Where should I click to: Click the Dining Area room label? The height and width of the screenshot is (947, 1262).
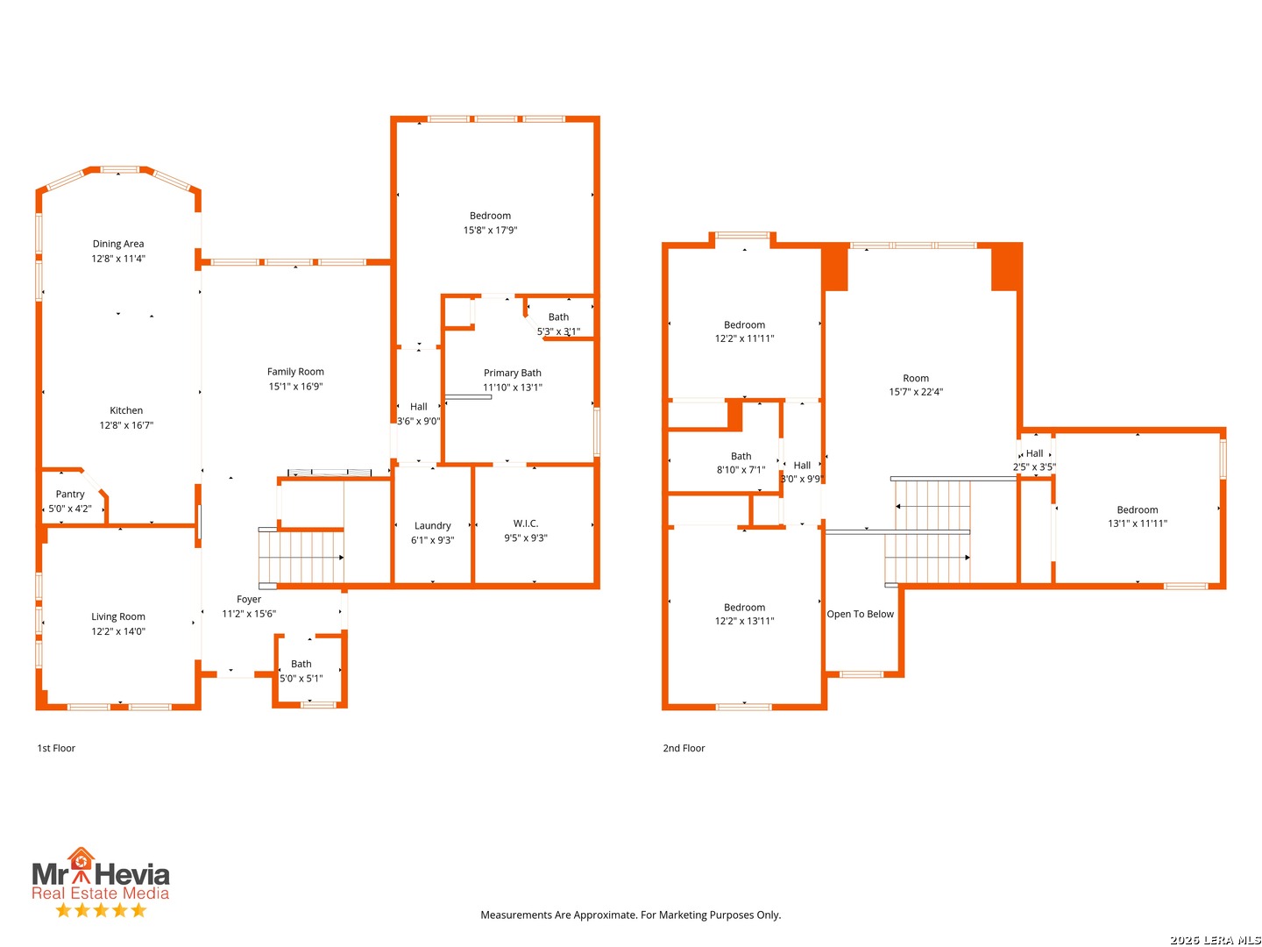117,244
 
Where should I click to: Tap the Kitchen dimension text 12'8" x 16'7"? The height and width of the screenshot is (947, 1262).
126,425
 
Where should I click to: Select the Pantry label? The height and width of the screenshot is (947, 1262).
69,494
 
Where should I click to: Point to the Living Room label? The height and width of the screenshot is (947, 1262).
117,616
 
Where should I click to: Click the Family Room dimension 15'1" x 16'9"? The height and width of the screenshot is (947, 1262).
295,387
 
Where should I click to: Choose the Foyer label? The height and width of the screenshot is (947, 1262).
248,599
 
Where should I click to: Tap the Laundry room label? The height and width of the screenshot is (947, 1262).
432,525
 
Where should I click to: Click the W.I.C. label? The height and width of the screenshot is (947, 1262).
526,523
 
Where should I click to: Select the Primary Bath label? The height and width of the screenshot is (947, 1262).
513,373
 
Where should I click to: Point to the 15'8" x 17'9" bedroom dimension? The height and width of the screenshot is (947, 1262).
490,230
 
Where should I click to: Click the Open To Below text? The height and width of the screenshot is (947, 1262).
860,614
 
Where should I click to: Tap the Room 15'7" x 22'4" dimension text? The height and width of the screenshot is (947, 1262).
916,392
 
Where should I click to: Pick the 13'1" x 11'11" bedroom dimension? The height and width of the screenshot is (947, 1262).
1138,523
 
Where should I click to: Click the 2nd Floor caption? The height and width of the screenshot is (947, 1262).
684,748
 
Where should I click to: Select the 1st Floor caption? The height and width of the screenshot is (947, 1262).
56,748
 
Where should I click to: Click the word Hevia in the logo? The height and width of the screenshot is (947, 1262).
131,875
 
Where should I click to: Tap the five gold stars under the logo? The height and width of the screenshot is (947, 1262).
101,910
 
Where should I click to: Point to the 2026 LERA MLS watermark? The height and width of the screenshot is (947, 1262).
1215,939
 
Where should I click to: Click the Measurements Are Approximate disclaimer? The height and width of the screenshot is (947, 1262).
631,915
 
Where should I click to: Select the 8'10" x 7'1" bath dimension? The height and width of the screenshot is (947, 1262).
741,470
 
